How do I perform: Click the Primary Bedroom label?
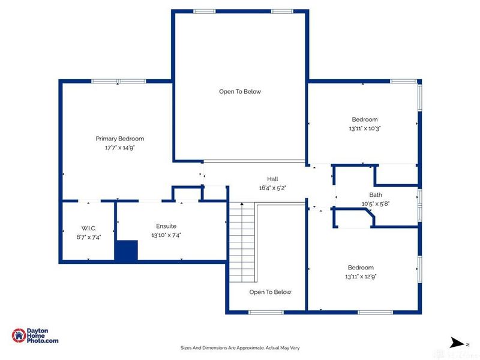pyautogui.click(x=120, y=139)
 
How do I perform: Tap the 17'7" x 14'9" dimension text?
pyautogui.click(x=120, y=148)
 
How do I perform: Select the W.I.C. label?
pyautogui.click(x=89, y=228)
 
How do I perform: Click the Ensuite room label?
pyautogui.click(x=166, y=226)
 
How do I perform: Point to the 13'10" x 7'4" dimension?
pyautogui.click(x=166, y=235)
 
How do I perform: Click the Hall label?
pyautogui.click(x=272, y=179)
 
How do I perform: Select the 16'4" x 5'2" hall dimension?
pyautogui.click(x=272, y=188)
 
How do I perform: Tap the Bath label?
pyautogui.click(x=376, y=194)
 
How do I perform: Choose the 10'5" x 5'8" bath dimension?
pyautogui.click(x=376, y=203)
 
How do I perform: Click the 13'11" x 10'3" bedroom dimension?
pyautogui.click(x=364, y=128)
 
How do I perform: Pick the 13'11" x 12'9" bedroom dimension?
pyautogui.click(x=361, y=277)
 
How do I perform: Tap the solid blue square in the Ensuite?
pyautogui.click(x=126, y=251)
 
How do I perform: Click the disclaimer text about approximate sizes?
pyautogui.click(x=240, y=347)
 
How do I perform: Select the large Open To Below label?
pyautogui.click(x=239, y=92)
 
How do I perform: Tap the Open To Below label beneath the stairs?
pyautogui.click(x=270, y=292)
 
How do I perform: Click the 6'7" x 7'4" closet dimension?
pyautogui.click(x=89, y=237)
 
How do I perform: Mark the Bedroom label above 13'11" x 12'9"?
pyautogui.click(x=361, y=268)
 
